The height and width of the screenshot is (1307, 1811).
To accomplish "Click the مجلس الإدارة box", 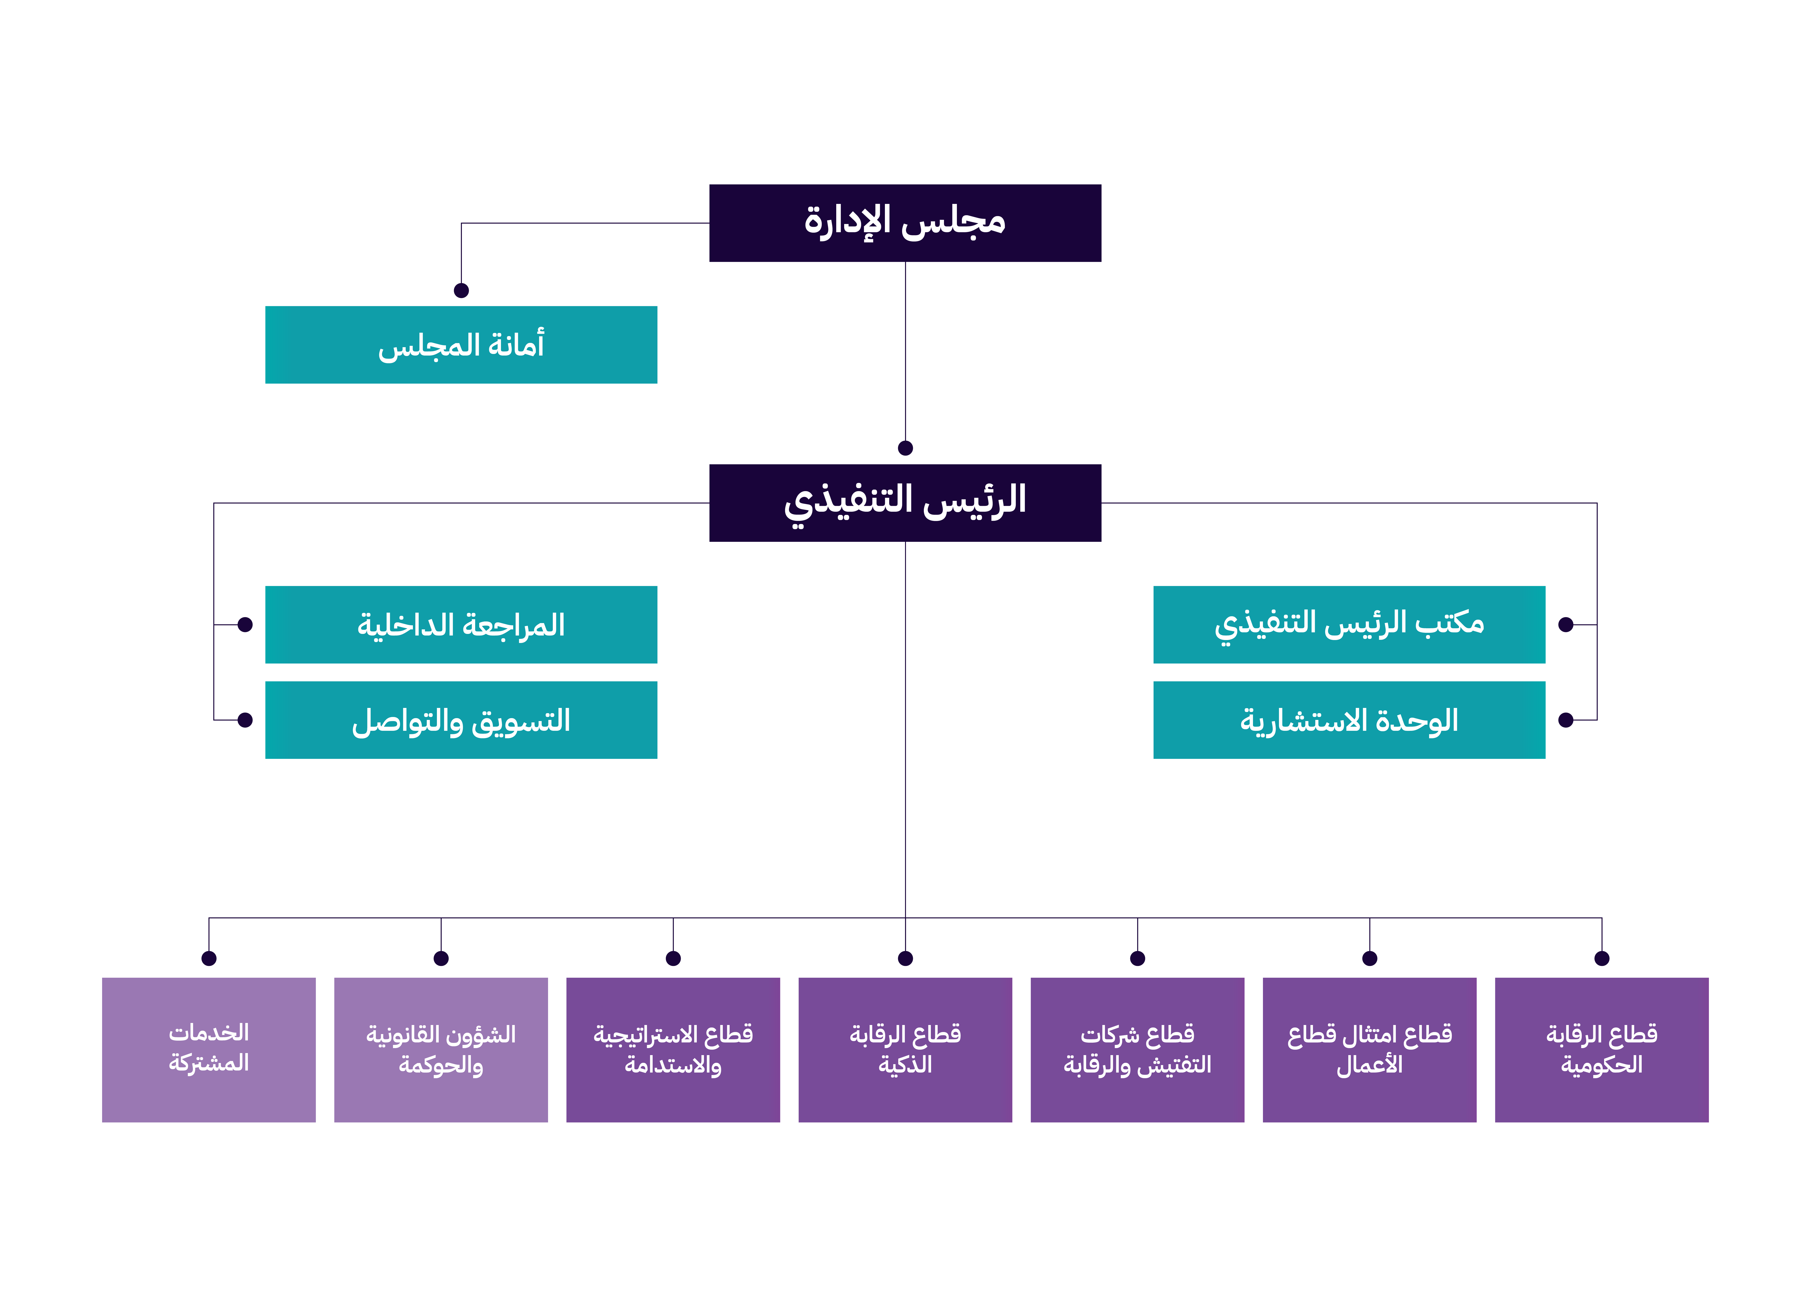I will (x=905, y=223).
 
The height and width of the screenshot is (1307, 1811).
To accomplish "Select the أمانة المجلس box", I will (x=461, y=344).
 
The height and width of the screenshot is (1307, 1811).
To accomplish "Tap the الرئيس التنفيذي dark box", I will (x=905, y=502).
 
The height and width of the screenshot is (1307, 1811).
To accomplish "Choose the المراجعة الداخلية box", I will (x=461, y=624).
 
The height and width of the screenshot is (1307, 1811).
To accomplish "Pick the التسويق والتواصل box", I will (x=461, y=719).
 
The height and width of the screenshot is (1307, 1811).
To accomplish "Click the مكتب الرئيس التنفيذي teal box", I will (x=1349, y=624).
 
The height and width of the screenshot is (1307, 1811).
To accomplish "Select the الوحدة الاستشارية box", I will (x=1349, y=719).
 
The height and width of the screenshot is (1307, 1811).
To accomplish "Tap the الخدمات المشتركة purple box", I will (x=208, y=1049).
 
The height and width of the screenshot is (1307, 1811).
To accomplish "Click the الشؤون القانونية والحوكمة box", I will (x=441, y=1049).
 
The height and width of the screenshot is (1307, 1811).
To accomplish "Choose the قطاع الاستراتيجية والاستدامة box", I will (x=673, y=1049).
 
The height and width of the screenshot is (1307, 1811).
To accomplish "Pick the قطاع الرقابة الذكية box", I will (x=905, y=1049).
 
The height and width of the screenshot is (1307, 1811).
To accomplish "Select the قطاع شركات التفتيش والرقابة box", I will (x=1137, y=1049).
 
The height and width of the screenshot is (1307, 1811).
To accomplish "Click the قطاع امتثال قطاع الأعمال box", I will (x=1369, y=1049).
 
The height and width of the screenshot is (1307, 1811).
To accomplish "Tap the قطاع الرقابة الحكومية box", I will (x=1601, y=1049).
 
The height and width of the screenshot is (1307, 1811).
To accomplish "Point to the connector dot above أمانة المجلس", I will (x=461, y=291).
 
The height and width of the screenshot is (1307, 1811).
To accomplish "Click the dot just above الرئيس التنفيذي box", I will (x=905, y=448).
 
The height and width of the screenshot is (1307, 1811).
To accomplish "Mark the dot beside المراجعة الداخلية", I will (x=245, y=624).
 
